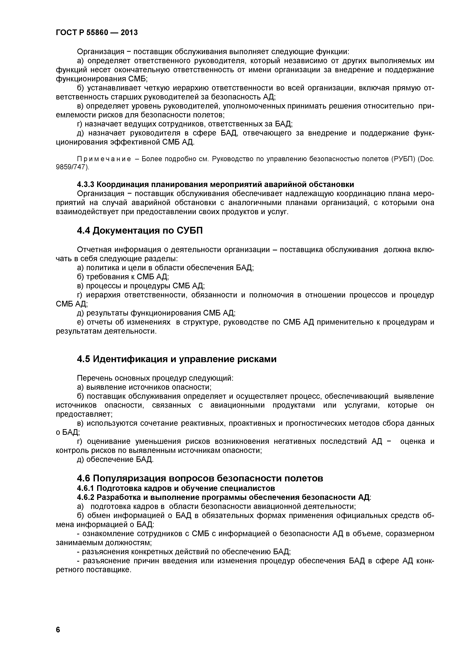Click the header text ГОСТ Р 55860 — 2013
pyautogui.click(x=97, y=33)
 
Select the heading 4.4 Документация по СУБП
pyautogui.click(x=140, y=231)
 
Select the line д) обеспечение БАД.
pyautogui.click(x=115, y=459)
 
